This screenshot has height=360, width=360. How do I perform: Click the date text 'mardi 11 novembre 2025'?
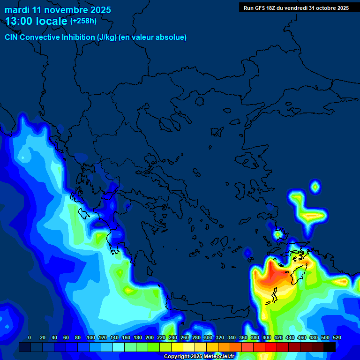(58, 10)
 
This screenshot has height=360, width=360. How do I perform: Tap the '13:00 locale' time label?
(36, 21)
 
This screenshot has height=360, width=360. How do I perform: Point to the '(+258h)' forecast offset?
(83, 21)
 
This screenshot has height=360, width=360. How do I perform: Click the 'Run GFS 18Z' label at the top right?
(260, 8)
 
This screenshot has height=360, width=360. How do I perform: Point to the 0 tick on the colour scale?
(30, 337)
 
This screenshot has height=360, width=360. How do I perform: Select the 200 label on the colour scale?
(149, 337)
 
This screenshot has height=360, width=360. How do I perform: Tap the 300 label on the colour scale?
(208, 337)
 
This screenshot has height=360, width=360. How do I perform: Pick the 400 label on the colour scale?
(267, 337)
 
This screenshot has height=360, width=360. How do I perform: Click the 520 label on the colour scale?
(337, 337)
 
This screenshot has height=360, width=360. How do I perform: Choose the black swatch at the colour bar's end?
(330, 347)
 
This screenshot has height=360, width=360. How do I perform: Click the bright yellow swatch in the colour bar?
(177, 347)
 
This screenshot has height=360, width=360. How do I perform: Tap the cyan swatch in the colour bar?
(118, 347)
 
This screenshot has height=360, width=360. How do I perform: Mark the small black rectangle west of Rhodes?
(286, 272)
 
